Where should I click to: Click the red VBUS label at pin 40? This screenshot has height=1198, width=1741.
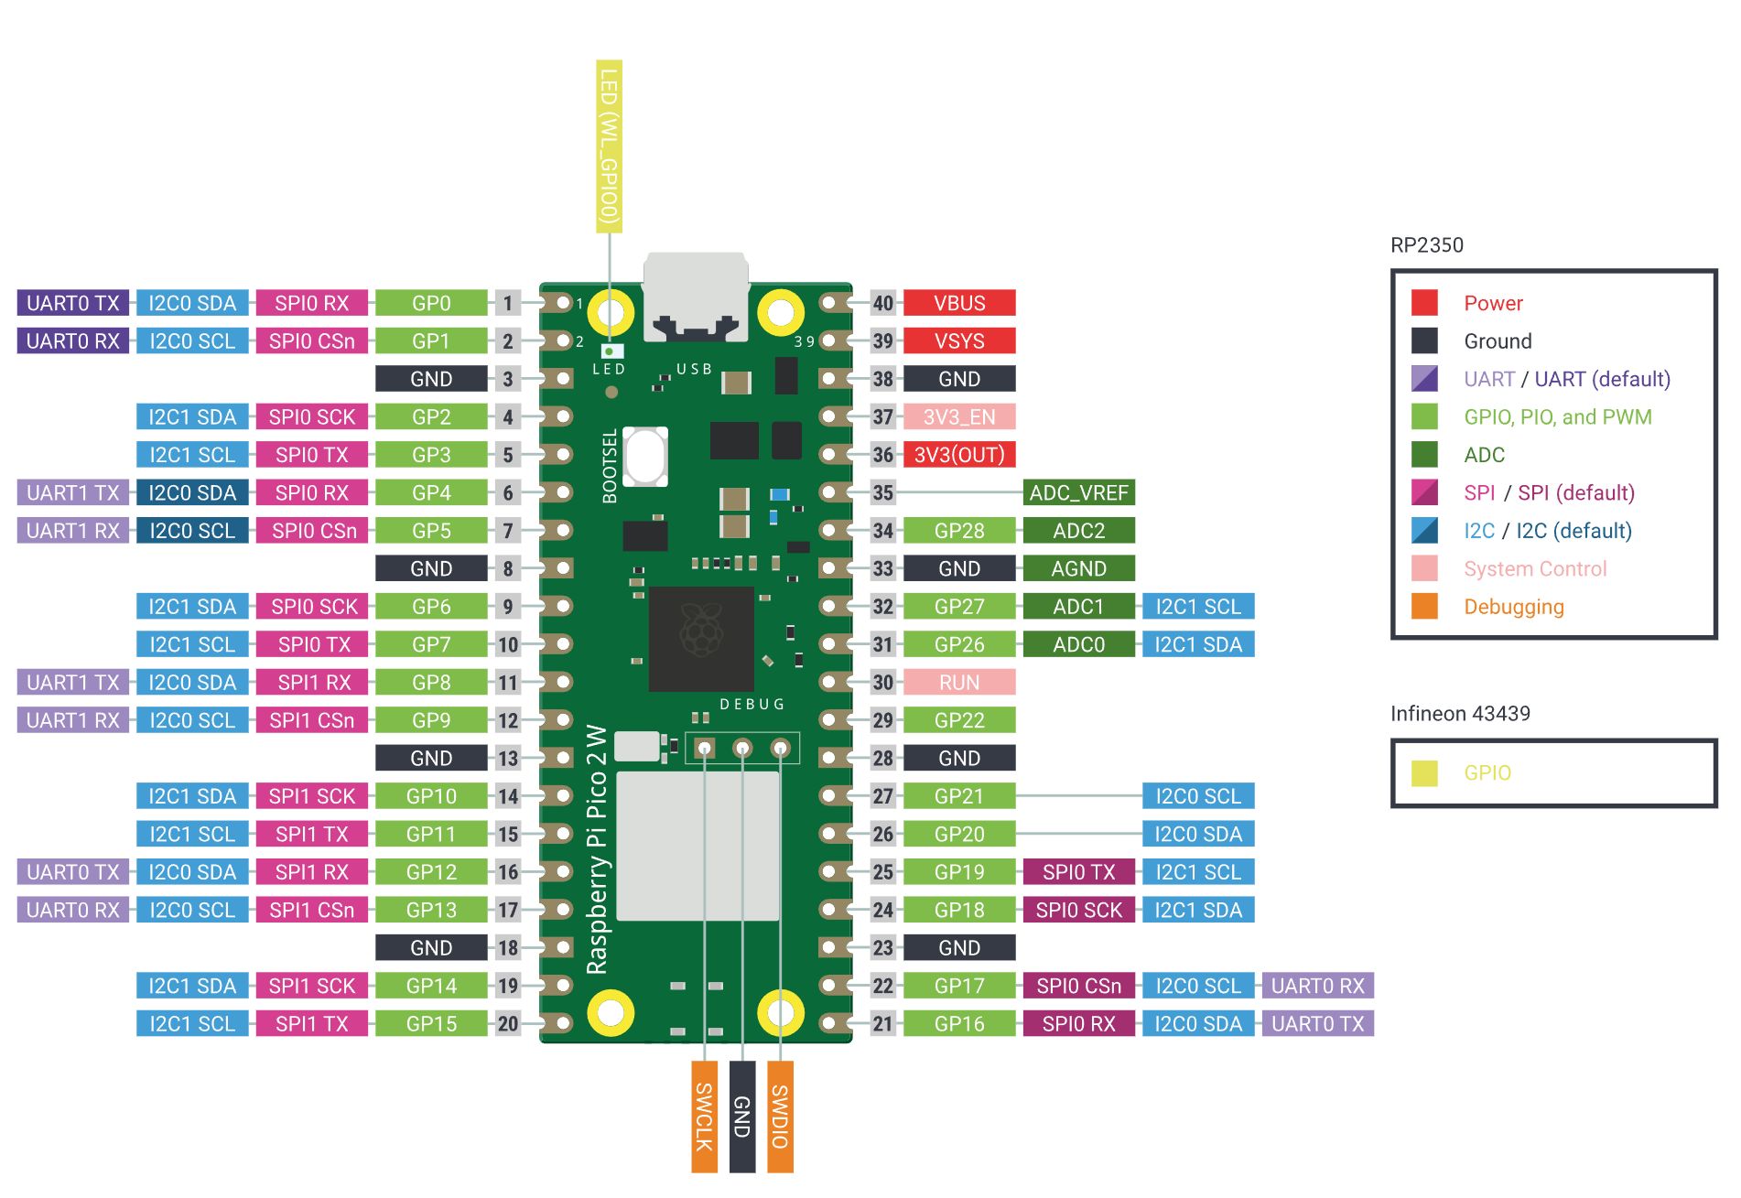tap(958, 303)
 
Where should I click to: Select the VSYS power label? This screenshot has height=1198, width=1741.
tap(958, 340)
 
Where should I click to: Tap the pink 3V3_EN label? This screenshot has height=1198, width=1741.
tap(958, 416)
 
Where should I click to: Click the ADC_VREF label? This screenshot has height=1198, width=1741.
tap(1078, 492)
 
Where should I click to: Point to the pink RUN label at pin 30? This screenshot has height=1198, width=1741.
tap(958, 682)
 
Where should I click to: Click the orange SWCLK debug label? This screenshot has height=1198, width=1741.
tap(704, 1116)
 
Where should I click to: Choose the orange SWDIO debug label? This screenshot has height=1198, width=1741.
tap(780, 1116)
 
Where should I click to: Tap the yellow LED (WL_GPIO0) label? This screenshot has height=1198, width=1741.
tap(609, 146)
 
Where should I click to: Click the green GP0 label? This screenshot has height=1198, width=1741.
tap(431, 303)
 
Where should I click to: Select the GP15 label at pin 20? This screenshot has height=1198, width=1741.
tap(431, 1023)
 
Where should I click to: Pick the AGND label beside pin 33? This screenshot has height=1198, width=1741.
tap(1078, 568)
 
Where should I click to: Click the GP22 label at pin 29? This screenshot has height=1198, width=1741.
tap(958, 720)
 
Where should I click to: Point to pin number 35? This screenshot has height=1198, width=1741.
tap(882, 492)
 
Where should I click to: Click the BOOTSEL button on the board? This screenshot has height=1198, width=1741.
tap(645, 456)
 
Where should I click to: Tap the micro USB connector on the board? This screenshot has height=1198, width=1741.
tap(696, 297)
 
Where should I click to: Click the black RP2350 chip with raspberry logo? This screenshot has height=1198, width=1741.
tap(701, 639)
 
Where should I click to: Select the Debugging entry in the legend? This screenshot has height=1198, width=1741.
tap(1513, 606)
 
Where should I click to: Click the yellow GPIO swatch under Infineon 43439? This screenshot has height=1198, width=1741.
tap(1424, 772)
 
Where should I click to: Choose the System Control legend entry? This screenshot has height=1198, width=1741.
tap(1534, 568)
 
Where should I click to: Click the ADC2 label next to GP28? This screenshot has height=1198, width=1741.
tap(1078, 530)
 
